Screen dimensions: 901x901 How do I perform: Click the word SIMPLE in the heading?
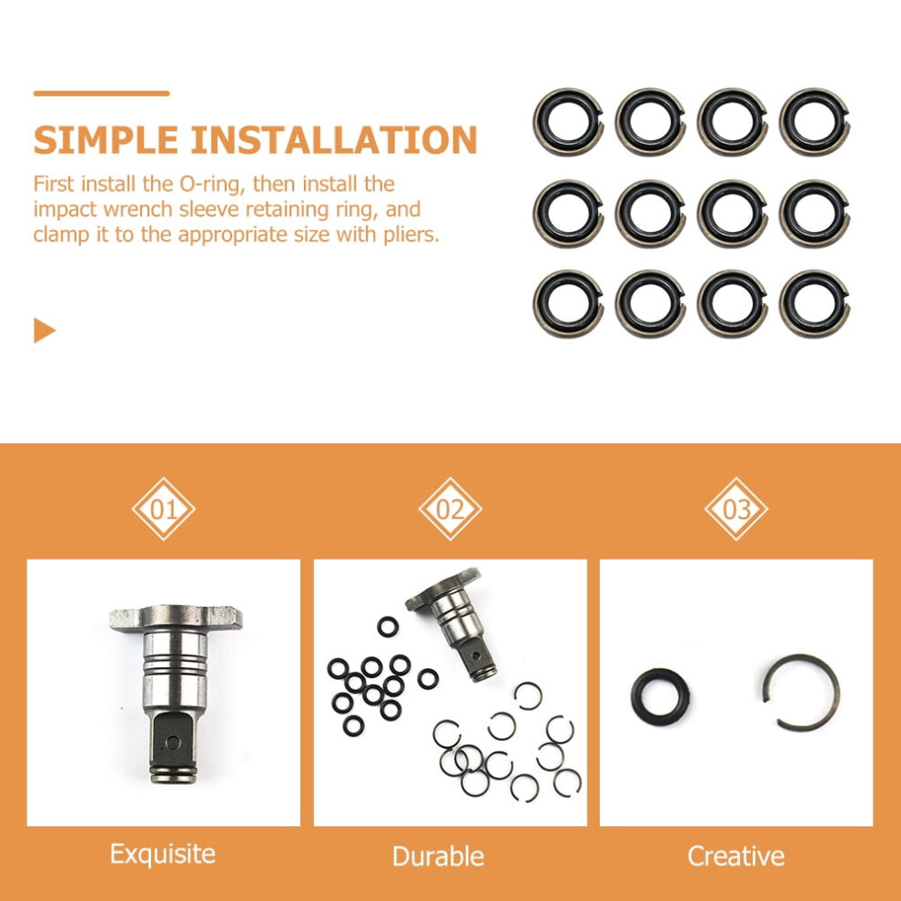[106, 140]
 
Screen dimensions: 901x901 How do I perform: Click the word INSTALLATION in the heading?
[334, 140]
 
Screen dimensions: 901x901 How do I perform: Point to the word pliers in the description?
[410, 235]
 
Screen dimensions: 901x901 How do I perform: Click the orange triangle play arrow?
[45, 330]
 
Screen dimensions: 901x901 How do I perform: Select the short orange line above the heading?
[101, 93]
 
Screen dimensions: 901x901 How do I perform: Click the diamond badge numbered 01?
[163, 509]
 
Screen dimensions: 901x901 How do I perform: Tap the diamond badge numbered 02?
[450, 509]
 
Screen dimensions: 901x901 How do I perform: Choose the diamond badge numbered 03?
[736, 509]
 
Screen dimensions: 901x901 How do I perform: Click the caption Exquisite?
[163, 854]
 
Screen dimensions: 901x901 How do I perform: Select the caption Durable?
[439, 856]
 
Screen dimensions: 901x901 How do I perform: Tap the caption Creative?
[736, 856]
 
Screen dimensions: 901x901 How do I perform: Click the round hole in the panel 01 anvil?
[173, 743]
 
